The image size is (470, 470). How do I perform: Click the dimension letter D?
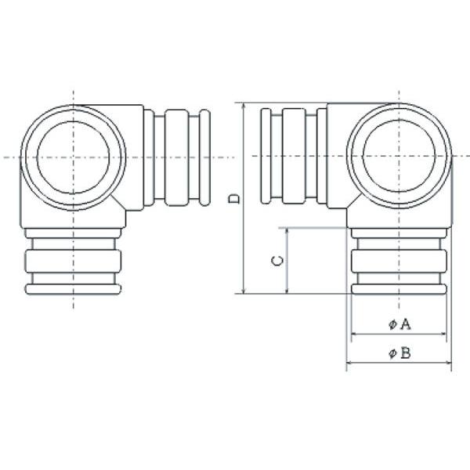pyautogui.click(x=233, y=198)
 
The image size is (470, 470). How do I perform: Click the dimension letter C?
pyautogui.click(x=277, y=261)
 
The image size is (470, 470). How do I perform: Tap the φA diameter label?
pyautogui.click(x=399, y=324)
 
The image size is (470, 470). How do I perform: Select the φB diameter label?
pyautogui.click(x=399, y=353)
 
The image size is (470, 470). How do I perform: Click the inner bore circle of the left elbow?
pyautogui.click(x=37, y=157)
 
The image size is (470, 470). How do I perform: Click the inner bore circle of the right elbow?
pyautogui.click(x=363, y=156)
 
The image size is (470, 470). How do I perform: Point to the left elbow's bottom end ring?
pyautogui.click(x=73, y=289)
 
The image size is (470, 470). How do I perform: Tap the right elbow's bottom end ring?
pyautogui.click(x=399, y=289)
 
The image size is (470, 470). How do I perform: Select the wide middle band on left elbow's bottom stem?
pyautogui.click(x=73, y=261)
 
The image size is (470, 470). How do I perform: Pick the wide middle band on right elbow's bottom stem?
pyautogui.click(x=399, y=261)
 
